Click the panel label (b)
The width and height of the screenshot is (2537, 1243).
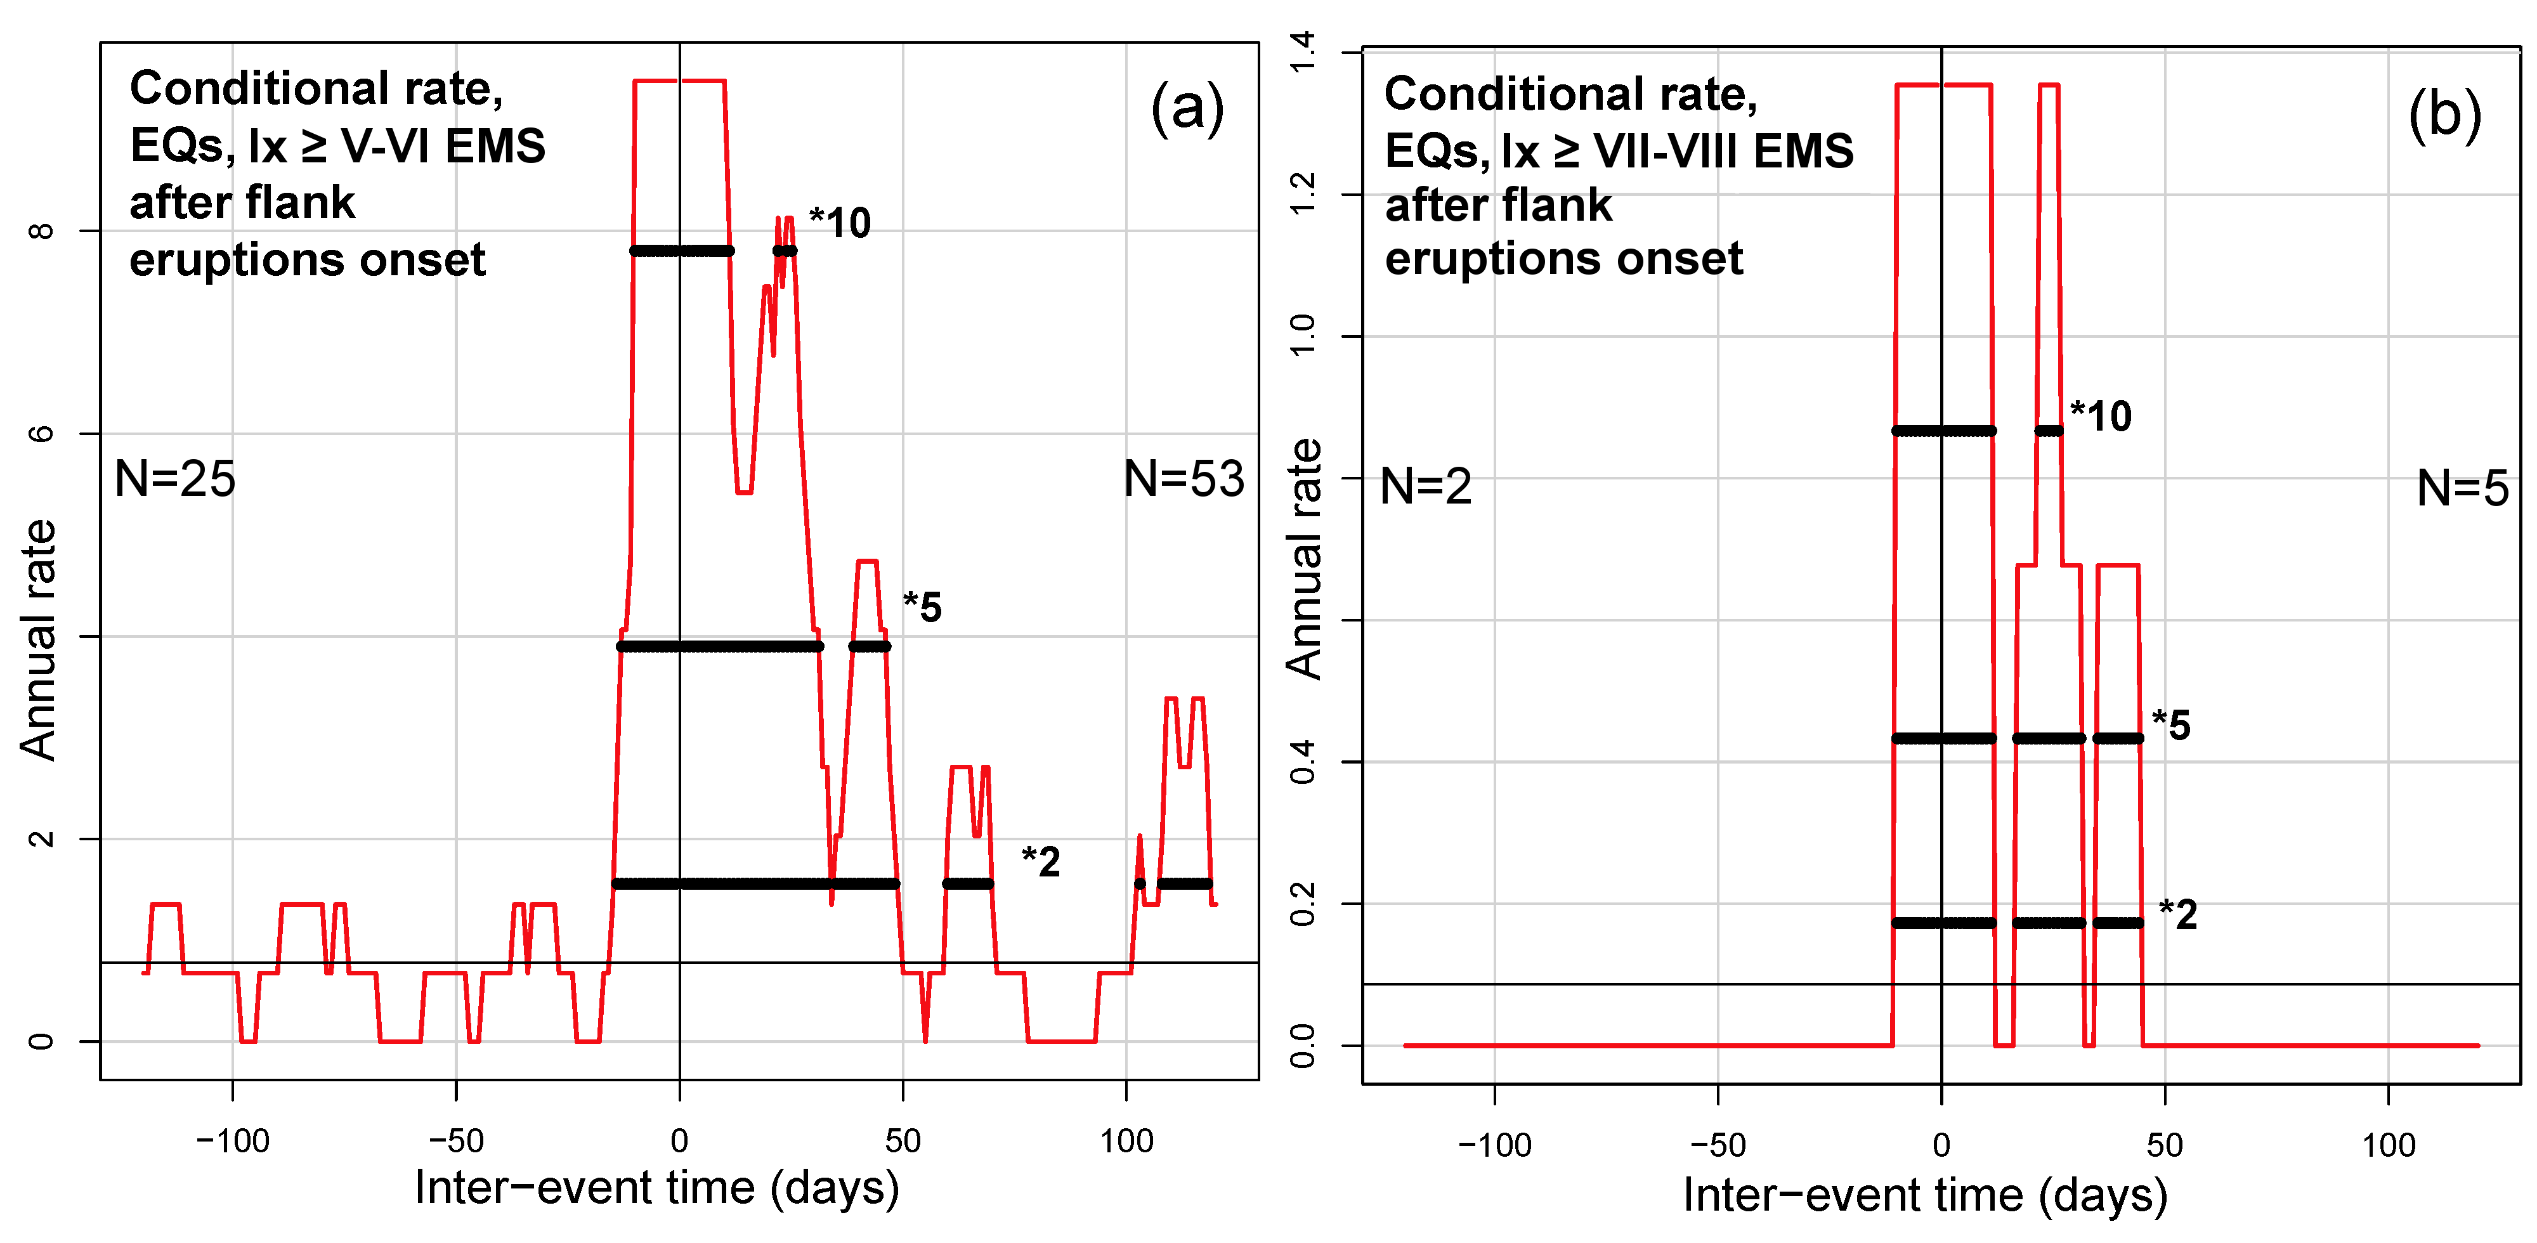pos(2444,115)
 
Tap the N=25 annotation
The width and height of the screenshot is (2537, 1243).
pos(175,479)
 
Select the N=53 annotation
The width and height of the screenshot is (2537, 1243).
pos(1184,479)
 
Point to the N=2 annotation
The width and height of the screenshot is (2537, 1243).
pos(1425,486)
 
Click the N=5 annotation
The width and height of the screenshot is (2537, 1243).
pos(2462,488)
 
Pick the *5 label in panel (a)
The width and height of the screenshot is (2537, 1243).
pos(923,607)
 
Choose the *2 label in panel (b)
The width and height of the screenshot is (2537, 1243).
pos(2177,914)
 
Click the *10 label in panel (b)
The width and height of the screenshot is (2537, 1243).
pos(2101,417)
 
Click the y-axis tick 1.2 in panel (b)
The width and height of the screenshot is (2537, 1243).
pos(1302,194)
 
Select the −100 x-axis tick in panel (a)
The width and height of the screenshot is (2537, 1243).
pos(232,1142)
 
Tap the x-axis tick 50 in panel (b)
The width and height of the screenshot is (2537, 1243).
pos(2165,1145)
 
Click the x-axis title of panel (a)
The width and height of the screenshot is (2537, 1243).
pos(657,1188)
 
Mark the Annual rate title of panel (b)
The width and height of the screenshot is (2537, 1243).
pos(1304,559)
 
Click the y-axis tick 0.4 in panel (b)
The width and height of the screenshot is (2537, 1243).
pos(1302,762)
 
